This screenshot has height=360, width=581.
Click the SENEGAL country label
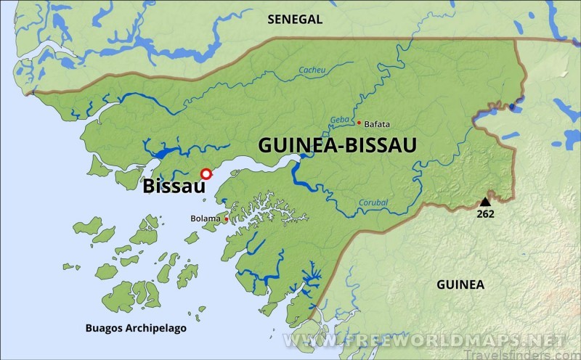click(x=295, y=20)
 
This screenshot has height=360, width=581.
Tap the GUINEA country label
click(x=460, y=285)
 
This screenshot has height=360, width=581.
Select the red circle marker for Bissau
click(x=206, y=173)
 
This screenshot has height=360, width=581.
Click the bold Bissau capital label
click(x=174, y=186)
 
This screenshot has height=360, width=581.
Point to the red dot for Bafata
click(x=359, y=123)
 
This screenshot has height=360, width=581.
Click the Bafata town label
click(x=377, y=124)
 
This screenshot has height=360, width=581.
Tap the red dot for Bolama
click(x=227, y=218)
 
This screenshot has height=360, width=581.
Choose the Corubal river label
click(x=373, y=202)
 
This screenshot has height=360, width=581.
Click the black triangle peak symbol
click(x=485, y=201)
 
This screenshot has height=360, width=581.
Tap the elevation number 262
click(x=485, y=214)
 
